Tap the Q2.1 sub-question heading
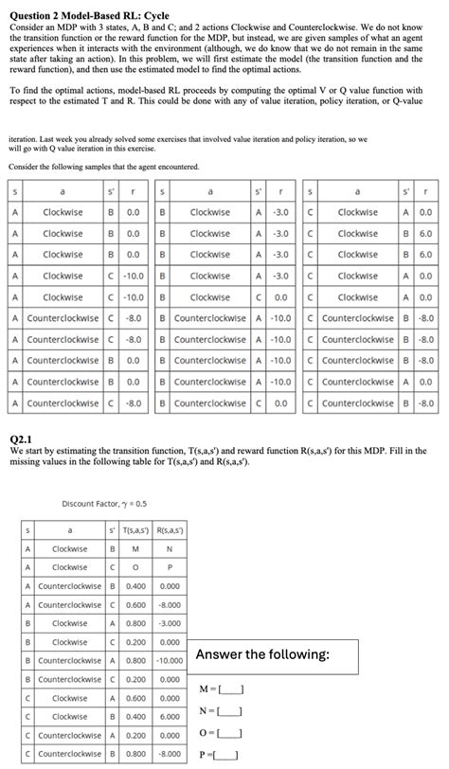(20, 439)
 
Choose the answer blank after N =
(232, 710)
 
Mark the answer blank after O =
(232, 733)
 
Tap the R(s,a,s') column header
(170, 530)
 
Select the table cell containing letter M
(135, 549)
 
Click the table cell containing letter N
(170, 549)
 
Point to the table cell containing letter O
(135, 567)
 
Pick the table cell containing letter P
(170, 567)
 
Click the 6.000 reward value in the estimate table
(170, 717)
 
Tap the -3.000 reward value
(170, 624)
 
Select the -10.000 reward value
(170, 661)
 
